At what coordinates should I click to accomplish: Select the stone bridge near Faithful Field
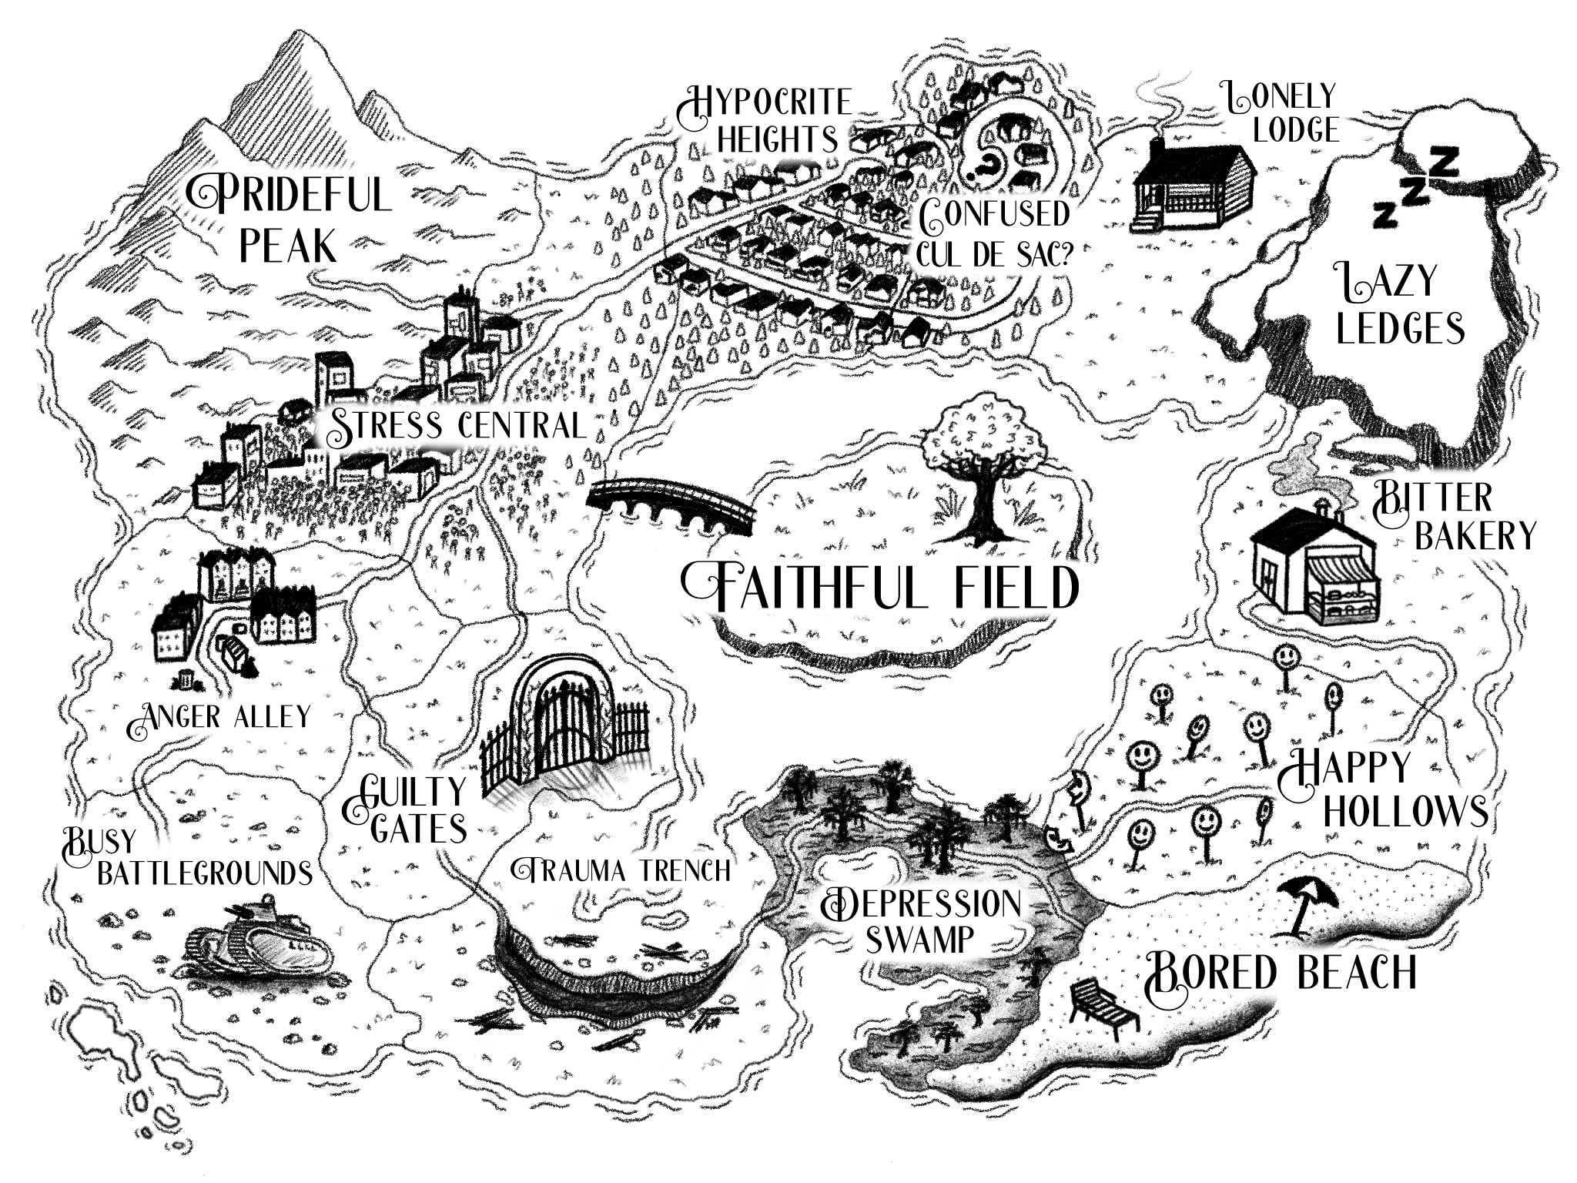pyautogui.click(x=670, y=504)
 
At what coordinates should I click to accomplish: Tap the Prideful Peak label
pyautogui.click(x=289, y=220)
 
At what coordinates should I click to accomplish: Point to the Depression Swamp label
pyautogui.click(x=920, y=920)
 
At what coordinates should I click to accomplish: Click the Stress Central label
pyautogui.click(x=454, y=426)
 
